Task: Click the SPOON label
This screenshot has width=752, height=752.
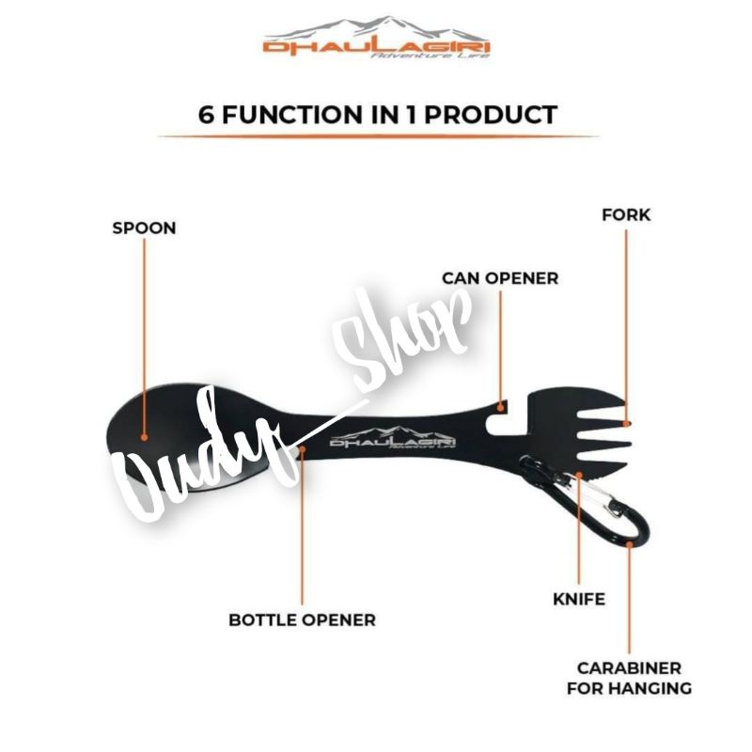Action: click(144, 227)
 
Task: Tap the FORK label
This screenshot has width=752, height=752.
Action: click(626, 215)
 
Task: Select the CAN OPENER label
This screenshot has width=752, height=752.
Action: click(500, 278)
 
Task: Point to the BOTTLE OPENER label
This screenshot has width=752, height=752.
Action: click(302, 619)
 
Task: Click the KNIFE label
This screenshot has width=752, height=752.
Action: click(578, 598)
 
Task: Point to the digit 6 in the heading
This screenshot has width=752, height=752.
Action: click(205, 115)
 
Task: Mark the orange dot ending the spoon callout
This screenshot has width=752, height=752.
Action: click(144, 435)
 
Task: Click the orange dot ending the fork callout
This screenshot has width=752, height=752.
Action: click(626, 423)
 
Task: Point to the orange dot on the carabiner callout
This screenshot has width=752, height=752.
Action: click(630, 543)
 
